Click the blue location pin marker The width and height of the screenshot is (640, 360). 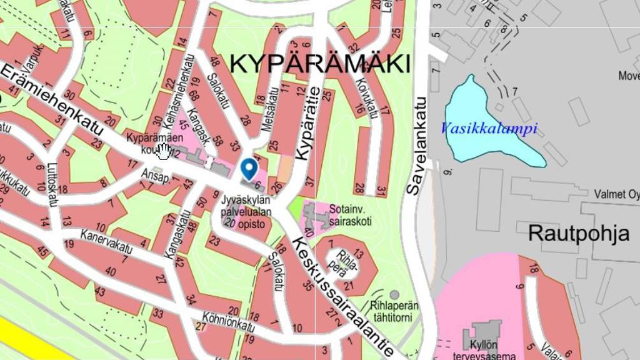[x=249, y=168]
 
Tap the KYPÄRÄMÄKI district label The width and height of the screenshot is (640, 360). [x=321, y=63]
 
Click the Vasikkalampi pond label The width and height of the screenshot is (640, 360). [x=489, y=129]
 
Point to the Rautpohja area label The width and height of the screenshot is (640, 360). [x=579, y=233]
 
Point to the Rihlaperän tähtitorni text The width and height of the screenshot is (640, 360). [x=394, y=311]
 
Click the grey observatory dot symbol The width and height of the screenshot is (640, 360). [x=394, y=294]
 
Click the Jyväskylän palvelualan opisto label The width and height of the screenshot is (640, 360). [x=246, y=211]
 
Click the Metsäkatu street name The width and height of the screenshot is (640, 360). [x=270, y=110]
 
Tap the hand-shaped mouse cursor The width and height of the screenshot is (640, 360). [x=164, y=151]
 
